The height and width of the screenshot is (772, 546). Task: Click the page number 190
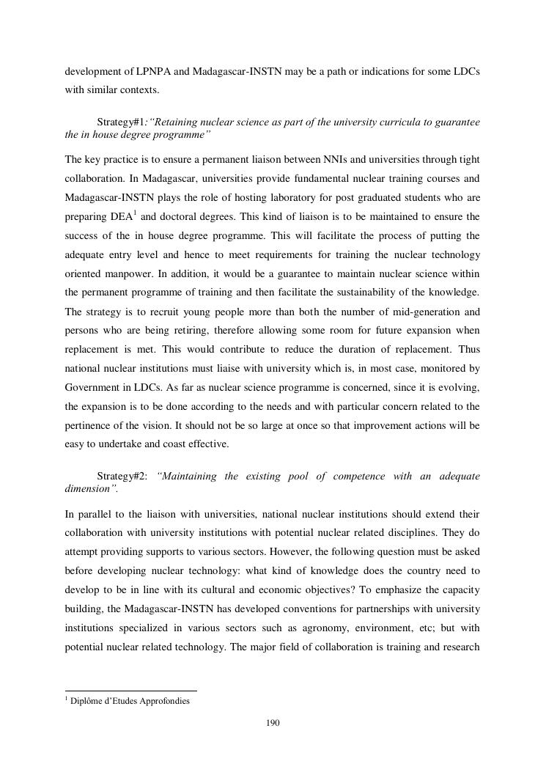click(x=273, y=723)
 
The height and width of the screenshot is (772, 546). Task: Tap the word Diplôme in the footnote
click(x=88, y=701)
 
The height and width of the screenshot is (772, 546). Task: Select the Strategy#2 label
click(x=122, y=476)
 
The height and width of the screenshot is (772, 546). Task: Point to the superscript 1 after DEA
click(x=134, y=213)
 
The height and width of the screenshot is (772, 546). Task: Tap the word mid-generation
click(x=410, y=311)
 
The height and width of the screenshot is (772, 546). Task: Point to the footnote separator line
click(x=131, y=690)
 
